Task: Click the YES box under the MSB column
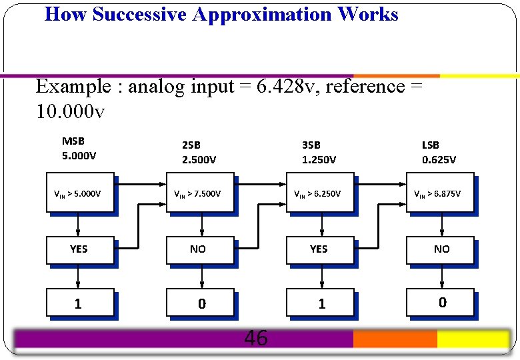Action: tap(79, 249)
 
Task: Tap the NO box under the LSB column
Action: tap(440, 249)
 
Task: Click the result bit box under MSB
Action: tap(79, 303)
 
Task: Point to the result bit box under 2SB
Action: tap(200, 303)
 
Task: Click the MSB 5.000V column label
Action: tap(79, 149)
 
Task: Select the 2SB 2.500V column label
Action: tap(199, 152)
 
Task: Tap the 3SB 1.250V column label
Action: tap(319, 152)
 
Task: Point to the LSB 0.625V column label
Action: tap(439, 152)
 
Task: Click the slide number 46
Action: tap(256, 339)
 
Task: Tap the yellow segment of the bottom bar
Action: tap(473, 339)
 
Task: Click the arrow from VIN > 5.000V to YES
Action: tap(79, 224)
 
